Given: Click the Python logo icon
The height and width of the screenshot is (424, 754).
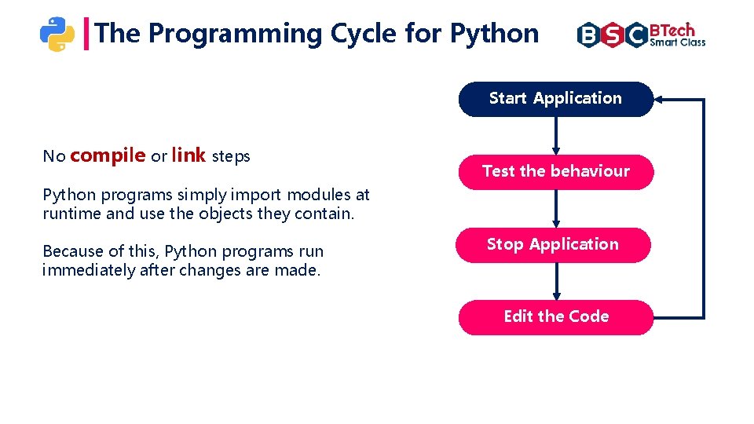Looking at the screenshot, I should pos(57,34).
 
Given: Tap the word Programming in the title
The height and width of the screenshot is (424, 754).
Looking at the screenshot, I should pos(235,34).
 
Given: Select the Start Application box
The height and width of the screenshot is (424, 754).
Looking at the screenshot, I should pos(555,99).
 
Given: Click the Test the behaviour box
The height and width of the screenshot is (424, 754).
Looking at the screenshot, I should pos(555,172).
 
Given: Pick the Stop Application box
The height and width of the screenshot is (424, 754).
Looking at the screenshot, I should pos(554,245).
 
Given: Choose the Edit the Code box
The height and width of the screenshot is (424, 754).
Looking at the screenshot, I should pos(555,317).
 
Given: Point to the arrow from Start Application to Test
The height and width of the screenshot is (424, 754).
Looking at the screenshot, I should pos(555,135).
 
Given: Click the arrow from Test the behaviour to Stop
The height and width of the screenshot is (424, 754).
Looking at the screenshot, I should pos(555,208).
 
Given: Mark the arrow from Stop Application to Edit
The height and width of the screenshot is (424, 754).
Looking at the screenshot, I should pos(556,280).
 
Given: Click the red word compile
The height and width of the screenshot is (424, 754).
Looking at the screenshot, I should pos(108,155).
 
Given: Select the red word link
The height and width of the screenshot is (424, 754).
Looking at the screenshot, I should pos(188,155).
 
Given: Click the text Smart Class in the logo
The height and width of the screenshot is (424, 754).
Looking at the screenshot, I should pos(678,43).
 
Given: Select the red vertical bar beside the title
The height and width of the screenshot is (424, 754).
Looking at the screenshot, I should pos(86,34).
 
